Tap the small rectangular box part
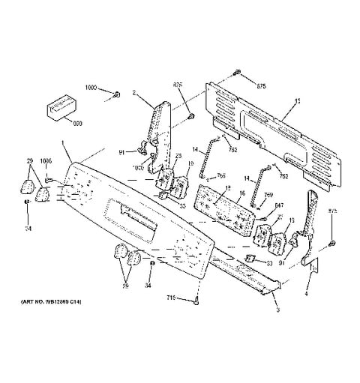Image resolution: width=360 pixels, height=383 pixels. point(59,106)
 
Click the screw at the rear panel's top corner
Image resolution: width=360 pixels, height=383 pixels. point(237,73)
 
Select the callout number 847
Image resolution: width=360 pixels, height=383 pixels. point(279,205)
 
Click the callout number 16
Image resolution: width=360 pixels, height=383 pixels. point(242,193)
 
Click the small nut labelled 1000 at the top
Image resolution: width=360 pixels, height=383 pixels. point(118,94)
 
